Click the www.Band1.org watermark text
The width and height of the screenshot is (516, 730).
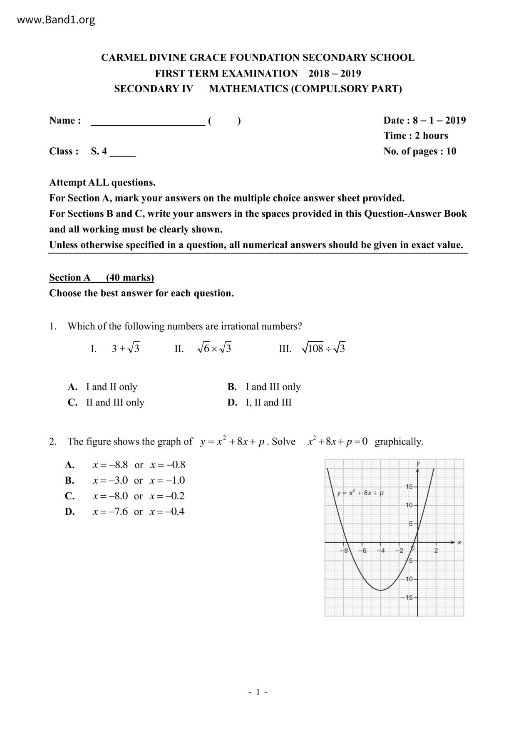pos(56,20)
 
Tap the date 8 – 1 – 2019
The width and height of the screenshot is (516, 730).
pos(439,120)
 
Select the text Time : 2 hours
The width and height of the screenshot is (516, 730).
pos(415,136)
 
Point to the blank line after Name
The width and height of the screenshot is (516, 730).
pos(148,122)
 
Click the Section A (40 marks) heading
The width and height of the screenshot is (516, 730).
pos(102,278)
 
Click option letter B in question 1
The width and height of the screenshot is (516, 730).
pos(232,387)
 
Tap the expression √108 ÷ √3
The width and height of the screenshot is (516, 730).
pos(323,348)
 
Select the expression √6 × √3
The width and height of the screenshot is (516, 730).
pos(214,348)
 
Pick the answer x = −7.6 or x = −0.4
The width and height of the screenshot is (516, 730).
pos(138,511)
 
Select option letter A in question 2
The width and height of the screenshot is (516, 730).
pos(69,465)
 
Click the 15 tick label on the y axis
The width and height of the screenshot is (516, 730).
pos(409,487)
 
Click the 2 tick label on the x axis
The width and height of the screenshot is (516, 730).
pos(436,551)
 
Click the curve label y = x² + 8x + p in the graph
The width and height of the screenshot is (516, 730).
pos(360,493)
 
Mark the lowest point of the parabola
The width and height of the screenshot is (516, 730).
pos(380,590)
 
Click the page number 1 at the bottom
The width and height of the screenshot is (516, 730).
pos(258,692)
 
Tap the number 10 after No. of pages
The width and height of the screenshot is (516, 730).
pos(451,151)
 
